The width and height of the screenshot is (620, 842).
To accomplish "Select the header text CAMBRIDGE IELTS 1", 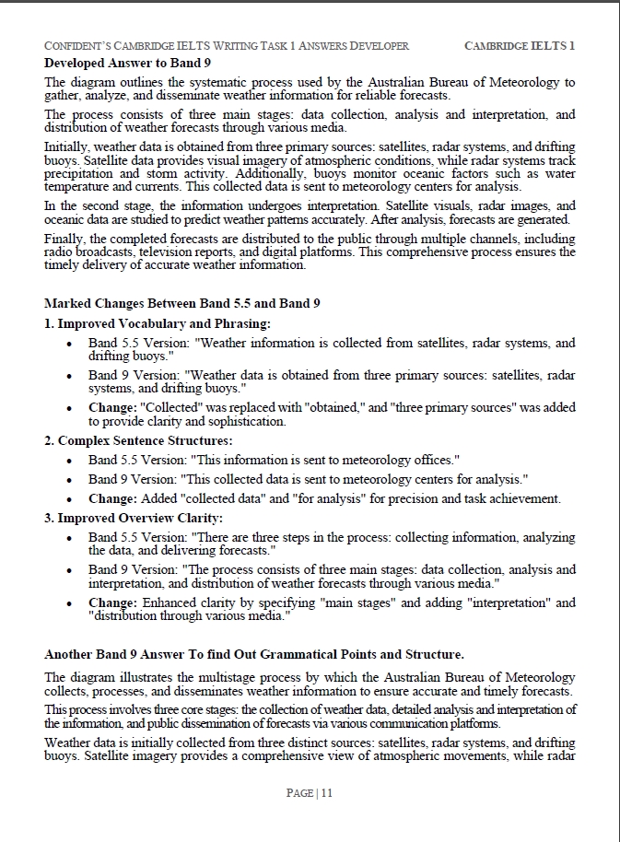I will point(520,46).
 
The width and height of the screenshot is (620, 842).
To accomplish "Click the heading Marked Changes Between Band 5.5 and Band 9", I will point(182,303).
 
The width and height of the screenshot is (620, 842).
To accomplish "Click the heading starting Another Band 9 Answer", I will point(253,654).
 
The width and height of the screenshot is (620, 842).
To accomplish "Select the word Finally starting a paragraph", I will point(64,239).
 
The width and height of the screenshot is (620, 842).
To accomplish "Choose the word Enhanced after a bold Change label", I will point(170,602).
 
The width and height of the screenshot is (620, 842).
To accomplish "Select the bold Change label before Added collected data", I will point(113,498).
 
